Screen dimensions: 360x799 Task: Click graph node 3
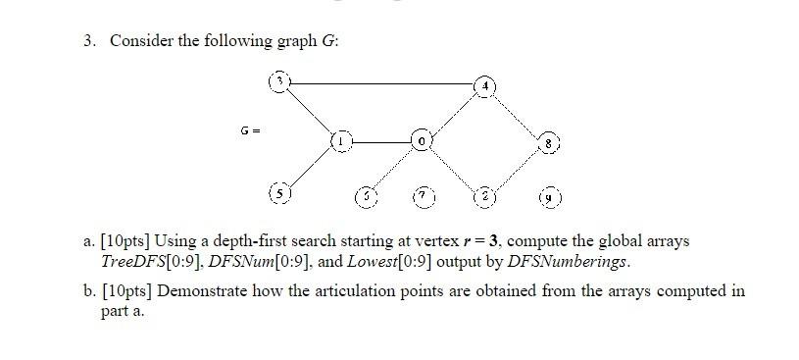click(279, 83)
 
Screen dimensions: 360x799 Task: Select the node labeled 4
click(483, 86)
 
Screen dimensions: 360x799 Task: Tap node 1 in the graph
click(339, 141)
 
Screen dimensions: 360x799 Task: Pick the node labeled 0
click(421, 141)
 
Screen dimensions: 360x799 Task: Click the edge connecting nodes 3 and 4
click(381, 84)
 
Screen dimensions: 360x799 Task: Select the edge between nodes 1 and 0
click(379, 141)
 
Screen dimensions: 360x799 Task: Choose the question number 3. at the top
click(89, 40)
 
